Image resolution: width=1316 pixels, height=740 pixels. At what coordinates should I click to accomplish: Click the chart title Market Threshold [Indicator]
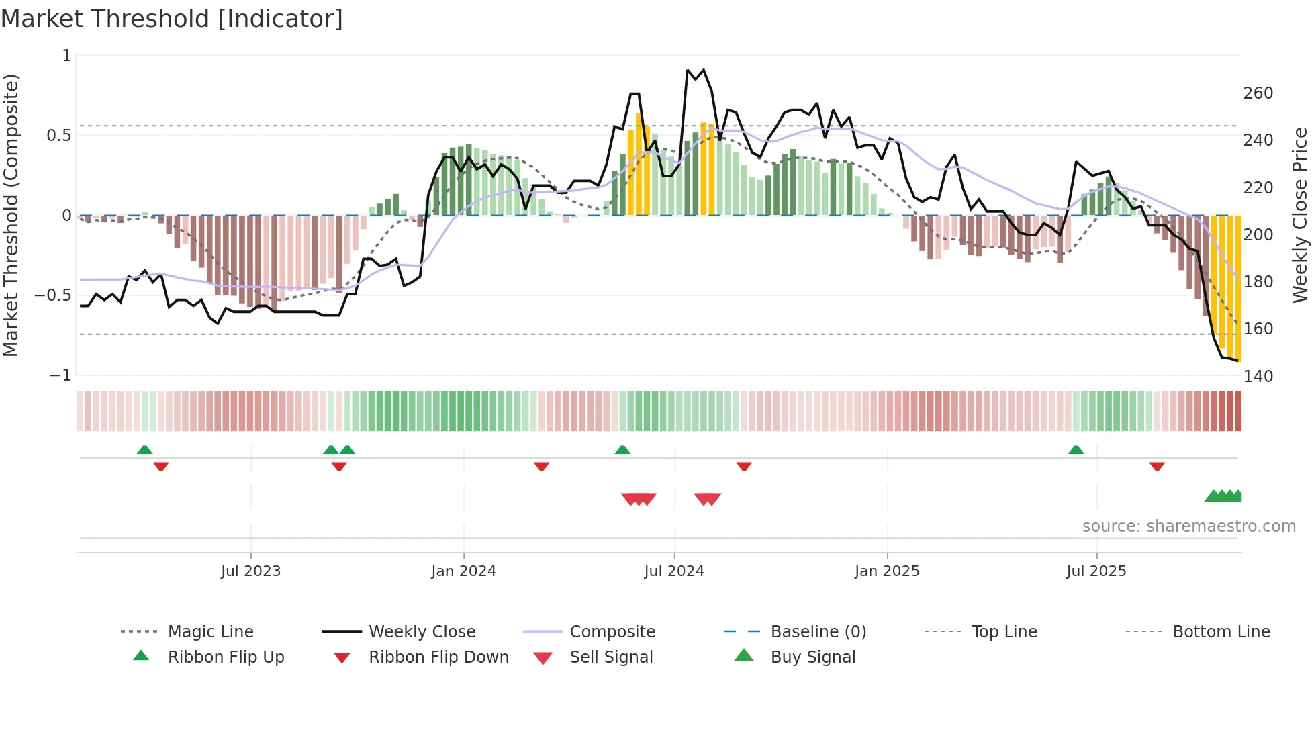172,19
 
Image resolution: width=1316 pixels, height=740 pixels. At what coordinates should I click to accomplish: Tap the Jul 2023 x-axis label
250,571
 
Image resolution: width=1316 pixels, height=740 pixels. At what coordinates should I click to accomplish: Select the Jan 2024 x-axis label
463,571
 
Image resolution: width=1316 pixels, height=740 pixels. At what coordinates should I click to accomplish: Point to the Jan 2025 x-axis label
886,571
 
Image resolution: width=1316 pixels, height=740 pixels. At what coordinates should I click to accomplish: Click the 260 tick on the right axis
1258,93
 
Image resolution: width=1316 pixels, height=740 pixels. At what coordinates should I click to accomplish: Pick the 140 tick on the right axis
1258,377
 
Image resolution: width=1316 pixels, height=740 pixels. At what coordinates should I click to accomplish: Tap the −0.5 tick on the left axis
53,295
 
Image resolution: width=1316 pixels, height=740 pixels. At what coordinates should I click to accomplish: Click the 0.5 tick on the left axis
58,136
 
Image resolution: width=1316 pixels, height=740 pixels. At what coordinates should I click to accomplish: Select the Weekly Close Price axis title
1300,215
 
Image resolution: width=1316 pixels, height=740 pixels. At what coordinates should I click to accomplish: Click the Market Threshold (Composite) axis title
11,215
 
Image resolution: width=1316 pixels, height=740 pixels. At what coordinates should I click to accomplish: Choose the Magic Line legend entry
210,632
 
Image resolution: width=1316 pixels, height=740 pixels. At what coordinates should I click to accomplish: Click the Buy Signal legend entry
812,657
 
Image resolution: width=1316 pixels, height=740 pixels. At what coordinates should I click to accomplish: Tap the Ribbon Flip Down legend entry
438,657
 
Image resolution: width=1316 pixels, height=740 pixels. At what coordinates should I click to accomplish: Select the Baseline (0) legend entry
818,632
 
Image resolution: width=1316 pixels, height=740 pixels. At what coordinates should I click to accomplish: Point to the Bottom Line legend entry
1221,632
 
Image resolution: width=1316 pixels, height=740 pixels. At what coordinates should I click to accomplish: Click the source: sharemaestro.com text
1188,526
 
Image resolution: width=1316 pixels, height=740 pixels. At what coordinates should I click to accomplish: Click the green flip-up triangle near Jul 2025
1076,450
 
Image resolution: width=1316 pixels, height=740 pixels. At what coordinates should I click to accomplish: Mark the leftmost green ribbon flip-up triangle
144,450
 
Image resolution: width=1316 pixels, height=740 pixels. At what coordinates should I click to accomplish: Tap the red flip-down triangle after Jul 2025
1156,466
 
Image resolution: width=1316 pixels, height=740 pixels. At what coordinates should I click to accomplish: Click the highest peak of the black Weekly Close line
703,69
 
